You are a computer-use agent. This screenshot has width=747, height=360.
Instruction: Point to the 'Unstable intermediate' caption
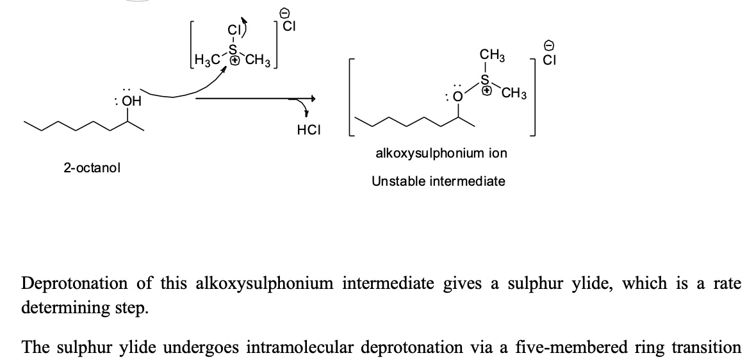[x=438, y=181]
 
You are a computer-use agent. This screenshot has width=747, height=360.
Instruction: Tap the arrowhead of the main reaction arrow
[x=312, y=99]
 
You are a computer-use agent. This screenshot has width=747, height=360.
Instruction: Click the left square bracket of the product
[x=350, y=99]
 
